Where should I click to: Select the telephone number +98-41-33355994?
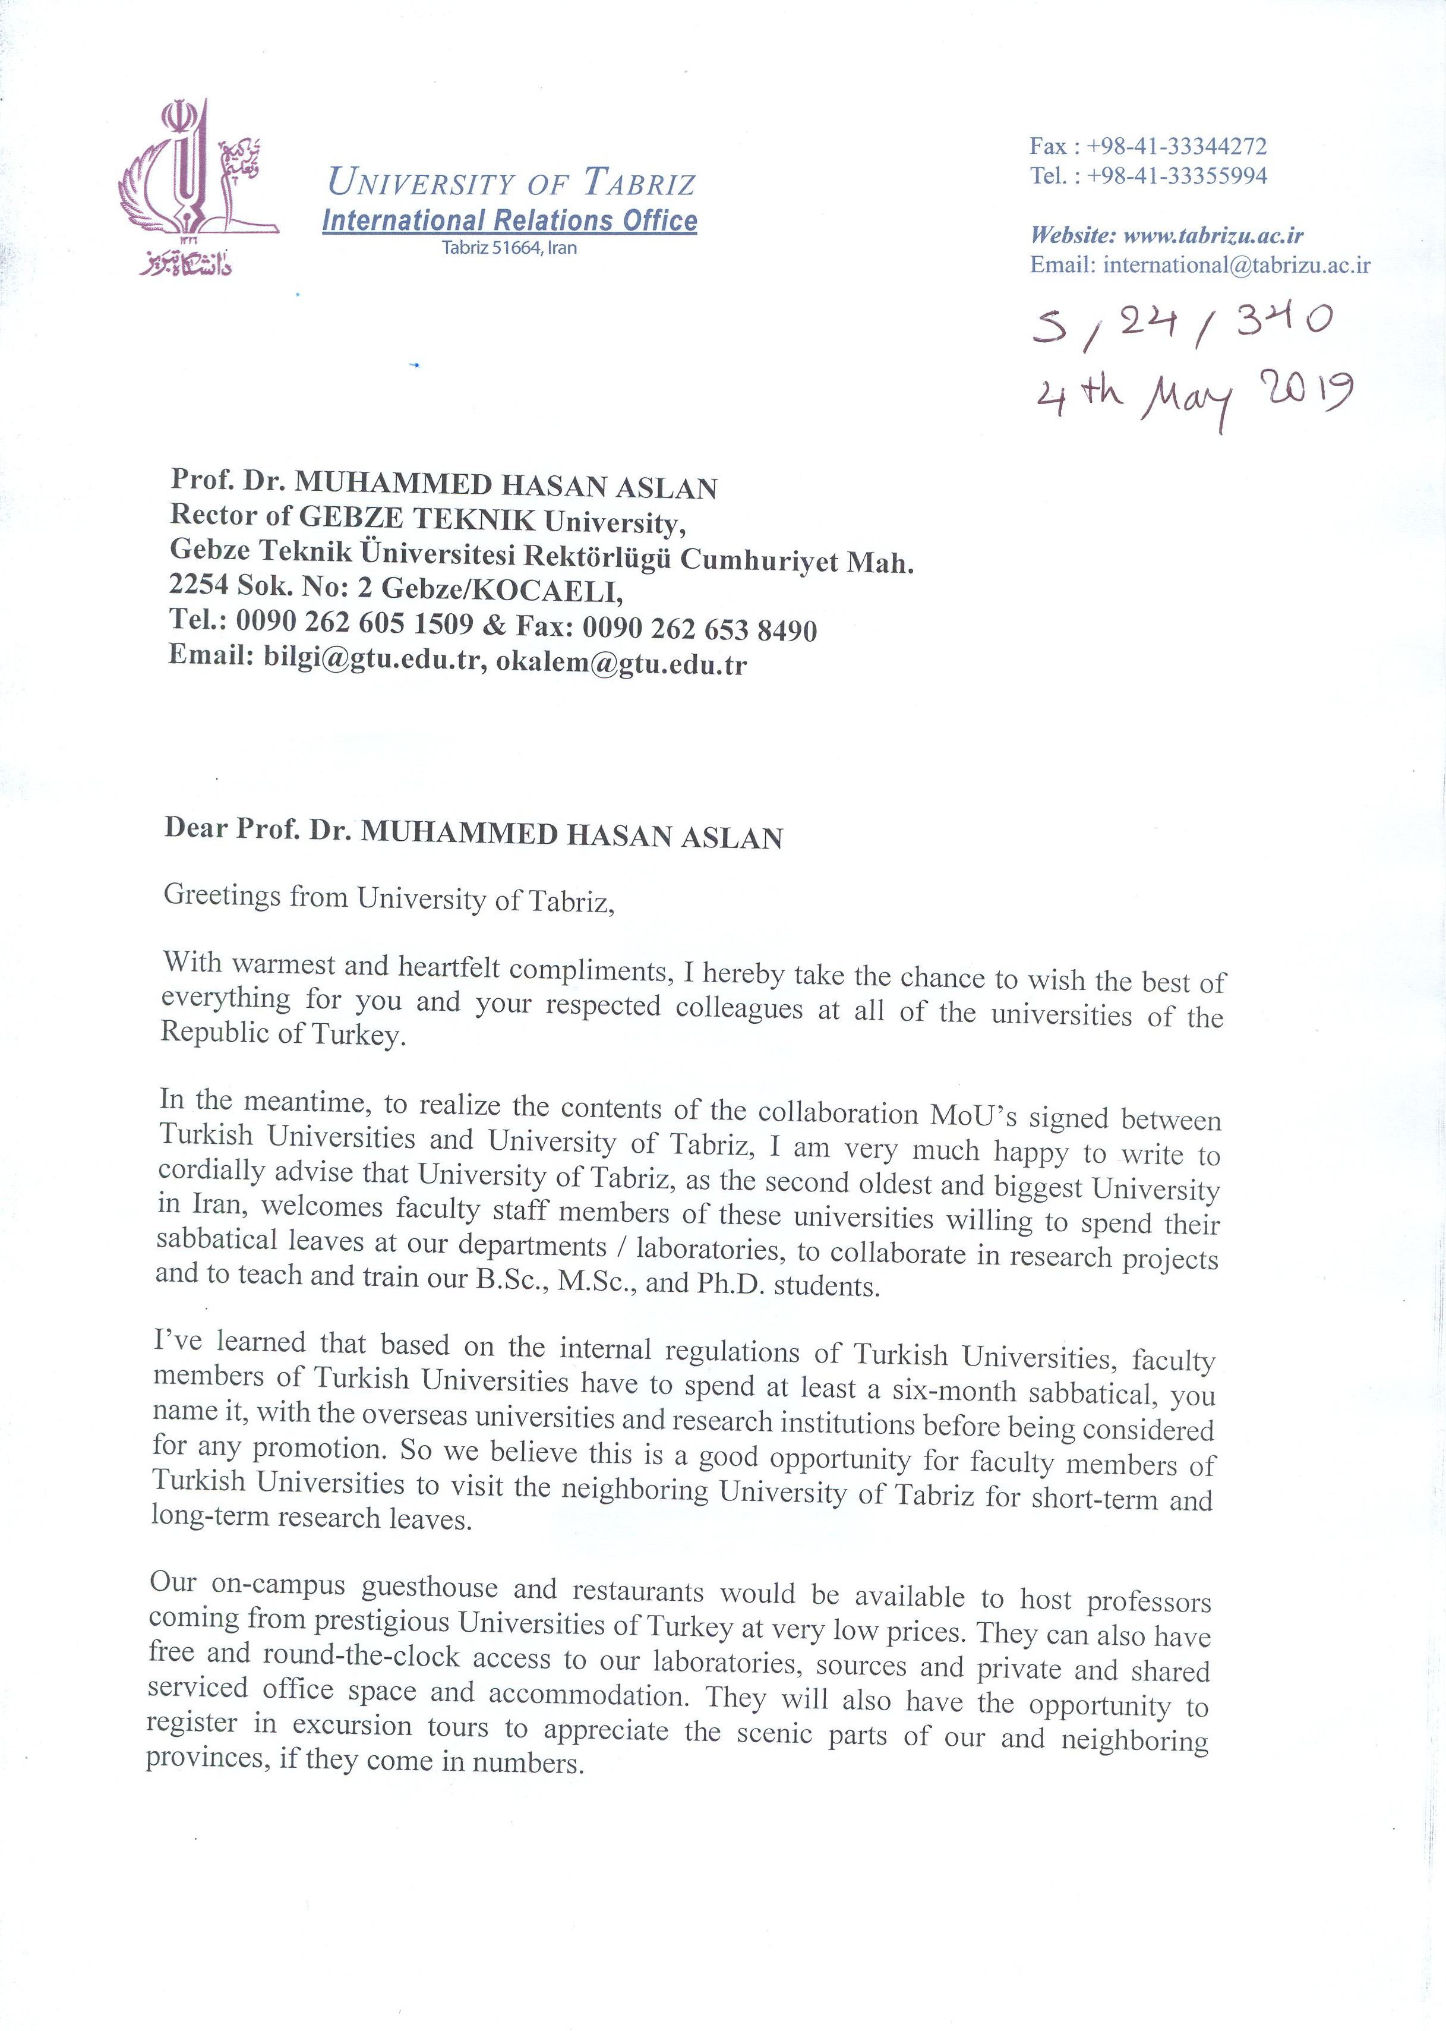click(1176, 175)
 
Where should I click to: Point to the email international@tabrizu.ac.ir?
click(1236, 264)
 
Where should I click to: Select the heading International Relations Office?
click(509, 220)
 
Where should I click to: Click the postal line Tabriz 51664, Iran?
click(509, 248)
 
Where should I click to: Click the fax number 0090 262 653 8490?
click(699, 629)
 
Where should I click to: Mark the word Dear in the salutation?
click(196, 828)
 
